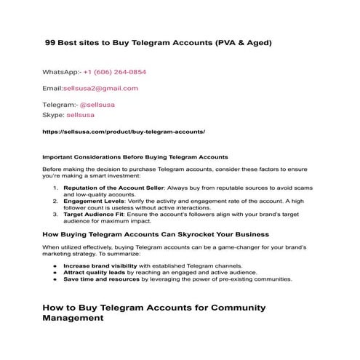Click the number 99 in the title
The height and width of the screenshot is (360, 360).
pos(51,43)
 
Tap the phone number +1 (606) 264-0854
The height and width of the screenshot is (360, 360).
pos(114,73)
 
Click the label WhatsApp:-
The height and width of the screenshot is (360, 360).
pos(61,73)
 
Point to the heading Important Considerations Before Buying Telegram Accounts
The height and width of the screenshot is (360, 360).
pos(135,157)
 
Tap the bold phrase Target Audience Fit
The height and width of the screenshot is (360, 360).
pos(92,214)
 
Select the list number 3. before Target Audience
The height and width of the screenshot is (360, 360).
pos(57,214)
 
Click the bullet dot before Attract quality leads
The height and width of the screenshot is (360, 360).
pos(55,273)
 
